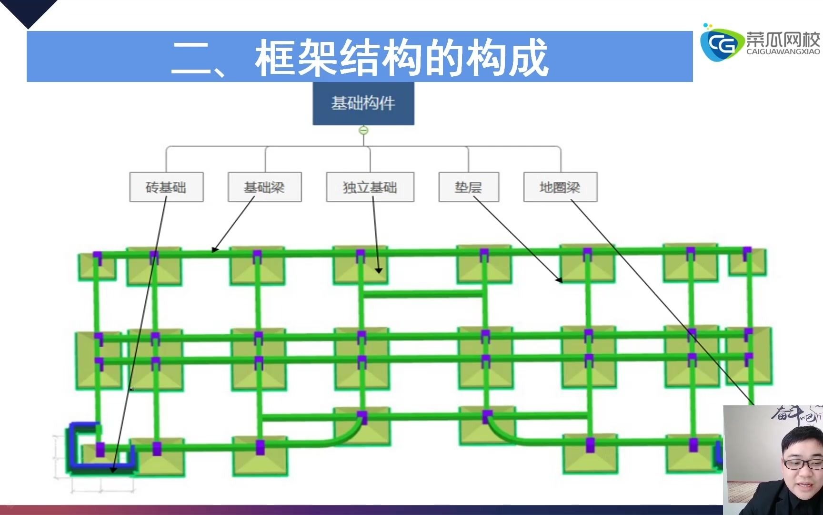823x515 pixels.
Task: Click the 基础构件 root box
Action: point(363,103)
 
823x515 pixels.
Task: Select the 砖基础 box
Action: point(166,187)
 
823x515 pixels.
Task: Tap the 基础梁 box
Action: point(264,187)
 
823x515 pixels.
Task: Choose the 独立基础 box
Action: point(370,187)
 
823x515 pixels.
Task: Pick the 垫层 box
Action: point(468,187)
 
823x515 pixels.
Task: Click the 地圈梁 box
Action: point(560,187)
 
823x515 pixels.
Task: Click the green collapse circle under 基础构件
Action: point(363,130)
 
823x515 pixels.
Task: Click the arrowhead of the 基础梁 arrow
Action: point(214,249)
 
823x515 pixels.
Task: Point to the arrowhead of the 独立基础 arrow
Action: point(379,270)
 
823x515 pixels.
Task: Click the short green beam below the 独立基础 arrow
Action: point(422,293)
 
